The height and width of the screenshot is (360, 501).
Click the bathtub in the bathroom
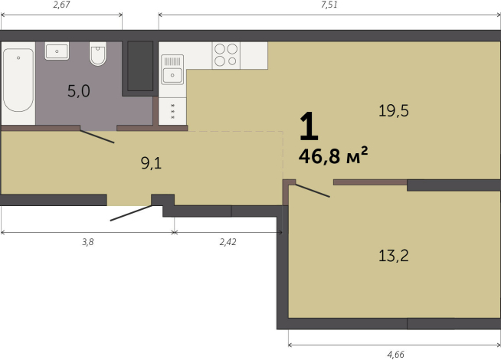(18, 80)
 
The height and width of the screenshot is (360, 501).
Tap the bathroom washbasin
(57, 52)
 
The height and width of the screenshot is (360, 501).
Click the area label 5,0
(78, 92)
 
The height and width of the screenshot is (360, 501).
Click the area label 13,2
(394, 255)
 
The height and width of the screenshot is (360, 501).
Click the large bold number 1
(307, 125)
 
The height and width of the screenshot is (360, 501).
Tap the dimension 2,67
(62, 6)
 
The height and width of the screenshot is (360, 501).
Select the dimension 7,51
(329, 6)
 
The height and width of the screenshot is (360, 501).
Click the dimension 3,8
(88, 241)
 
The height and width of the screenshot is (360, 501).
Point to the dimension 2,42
(228, 241)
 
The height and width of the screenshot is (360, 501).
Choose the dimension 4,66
(397, 353)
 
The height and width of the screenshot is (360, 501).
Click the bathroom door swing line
(97, 136)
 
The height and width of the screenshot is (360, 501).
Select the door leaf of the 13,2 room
(313, 190)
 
